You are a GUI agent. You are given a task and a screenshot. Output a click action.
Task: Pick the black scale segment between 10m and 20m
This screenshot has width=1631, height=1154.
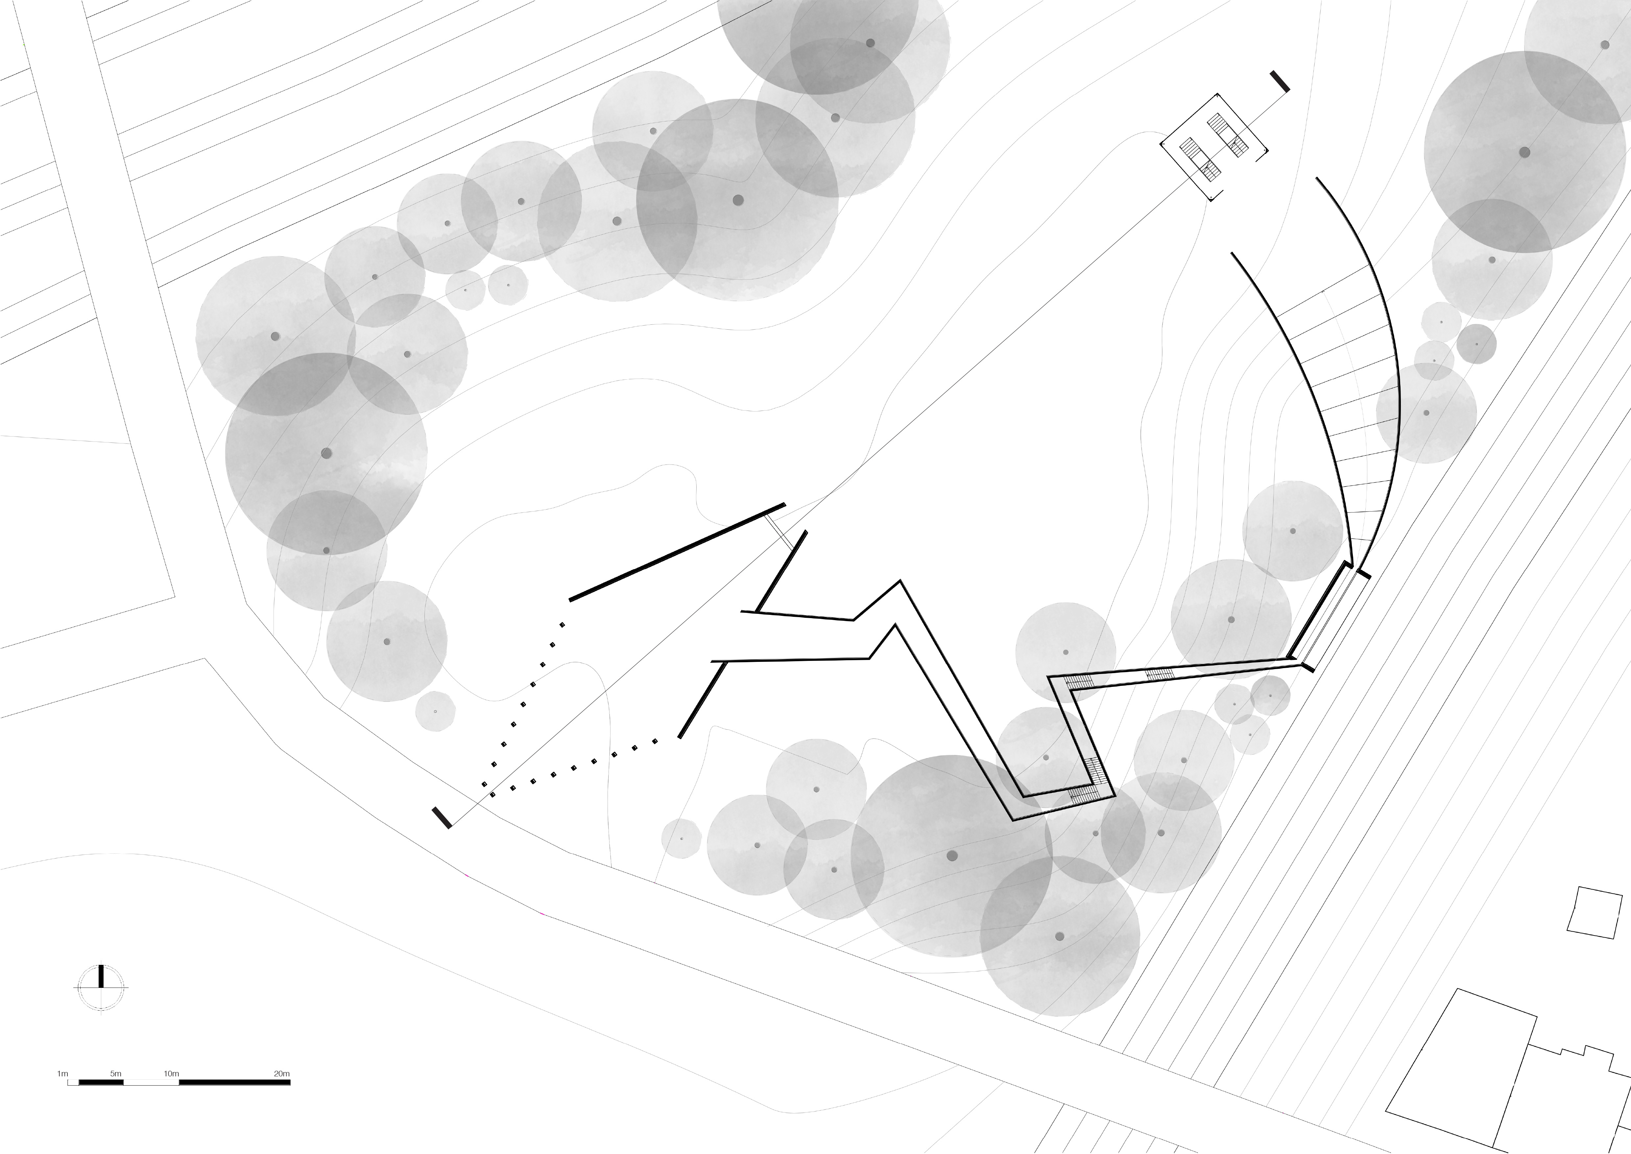234,1082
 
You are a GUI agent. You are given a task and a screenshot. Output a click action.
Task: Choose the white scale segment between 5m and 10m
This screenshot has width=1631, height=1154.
151,1082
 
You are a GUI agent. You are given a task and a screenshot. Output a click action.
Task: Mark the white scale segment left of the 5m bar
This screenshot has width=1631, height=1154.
72,1082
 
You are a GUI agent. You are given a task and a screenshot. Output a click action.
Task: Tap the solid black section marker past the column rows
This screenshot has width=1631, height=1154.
442,817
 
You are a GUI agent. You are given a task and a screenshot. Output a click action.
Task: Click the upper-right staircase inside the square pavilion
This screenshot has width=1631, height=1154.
1228,132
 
